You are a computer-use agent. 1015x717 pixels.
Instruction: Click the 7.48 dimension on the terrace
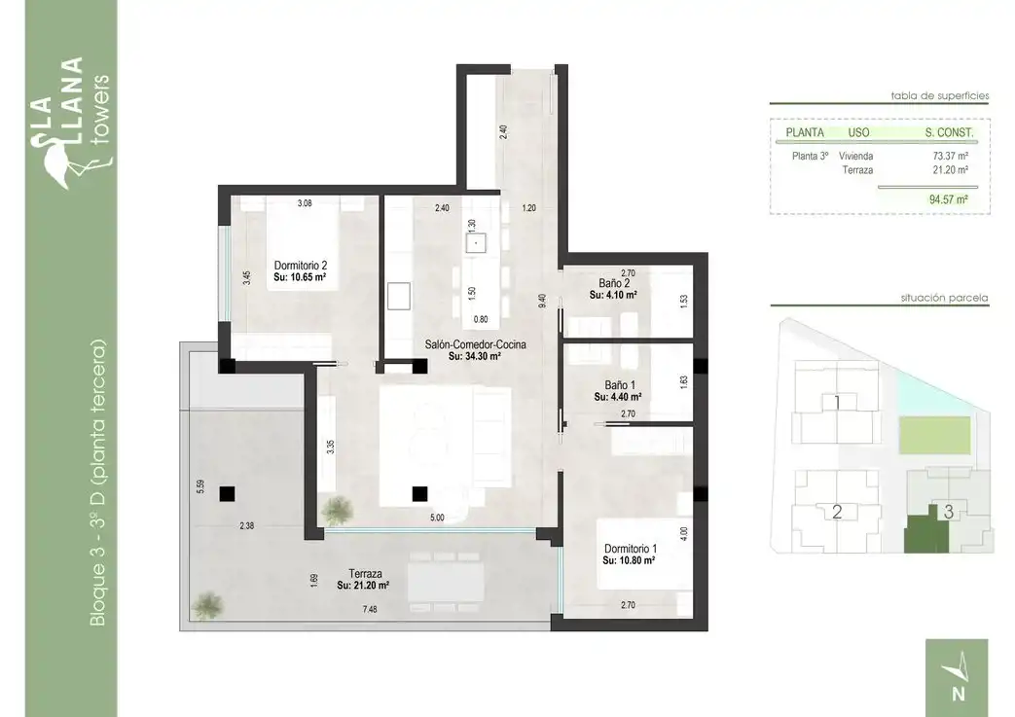pyautogui.click(x=370, y=609)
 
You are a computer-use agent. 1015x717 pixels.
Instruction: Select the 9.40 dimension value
pyautogui.click(x=542, y=301)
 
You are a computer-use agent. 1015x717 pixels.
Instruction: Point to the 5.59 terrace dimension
pyautogui.click(x=200, y=487)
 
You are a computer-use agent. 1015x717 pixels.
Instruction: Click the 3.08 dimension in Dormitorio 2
pyautogui.click(x=305, y=203)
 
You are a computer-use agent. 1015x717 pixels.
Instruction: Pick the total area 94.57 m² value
pyautogui.click(x=948, y=199)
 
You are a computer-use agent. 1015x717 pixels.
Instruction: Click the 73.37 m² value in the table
pyautogui.click(x=950, y=156)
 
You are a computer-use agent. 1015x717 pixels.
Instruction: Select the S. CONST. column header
pyautogui.click(x=949, y=132)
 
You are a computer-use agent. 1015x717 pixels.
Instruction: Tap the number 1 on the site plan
pyautogui.click(x=837, y=403)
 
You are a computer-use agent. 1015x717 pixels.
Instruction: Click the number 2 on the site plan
pyautogui.click(x=836, y=512)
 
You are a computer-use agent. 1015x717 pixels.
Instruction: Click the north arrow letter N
pyautogui.click(x=959, y=694)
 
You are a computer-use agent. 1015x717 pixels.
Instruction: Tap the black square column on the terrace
pyautogui.click(x=227, y=494)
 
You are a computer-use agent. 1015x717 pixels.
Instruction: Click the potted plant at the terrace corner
pyautogui.click(x=208, y=606)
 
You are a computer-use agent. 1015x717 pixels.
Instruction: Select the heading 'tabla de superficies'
pyautogui.click(x=940, y=95)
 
